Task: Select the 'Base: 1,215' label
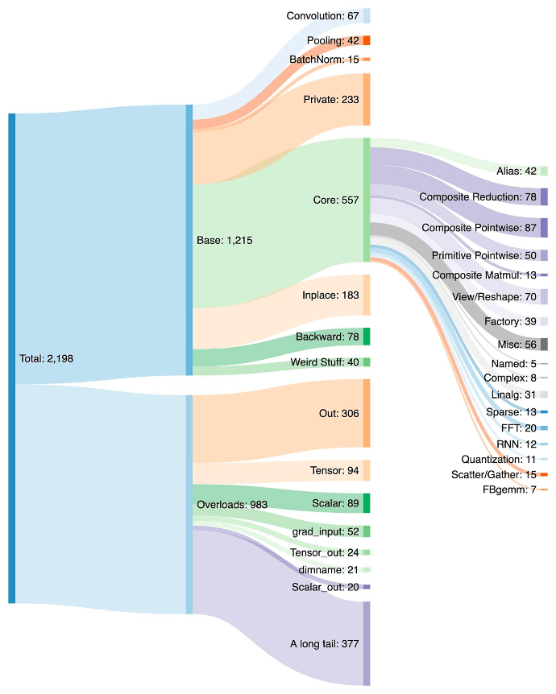tap(225, 240)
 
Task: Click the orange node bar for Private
tap(367, 100)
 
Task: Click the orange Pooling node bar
tap(367, 40)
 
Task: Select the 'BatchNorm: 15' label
tap(324, 60)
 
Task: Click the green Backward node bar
tap(367, 337)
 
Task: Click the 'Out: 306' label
tap(338, 413)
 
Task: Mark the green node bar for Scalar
tap(367, 503)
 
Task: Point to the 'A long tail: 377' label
tap(324, 644)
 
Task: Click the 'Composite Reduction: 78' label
tap(478, 197)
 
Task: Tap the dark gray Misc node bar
tap(544, 345)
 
